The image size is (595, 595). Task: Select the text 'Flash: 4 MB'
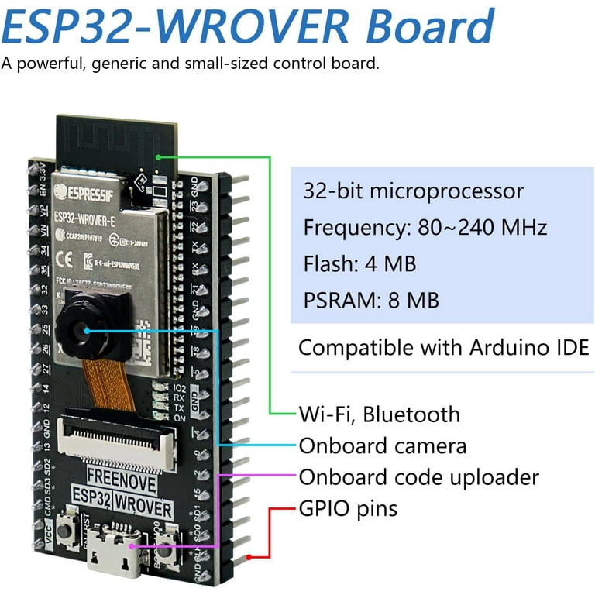coord(360,263)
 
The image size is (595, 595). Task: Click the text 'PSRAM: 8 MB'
coord(372,300)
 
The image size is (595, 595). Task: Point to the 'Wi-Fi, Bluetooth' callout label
coord(380,414)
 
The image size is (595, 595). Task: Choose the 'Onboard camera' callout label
coord(383,446)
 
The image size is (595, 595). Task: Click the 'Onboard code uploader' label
coord(419,477)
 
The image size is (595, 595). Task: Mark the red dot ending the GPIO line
coord(249,557)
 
